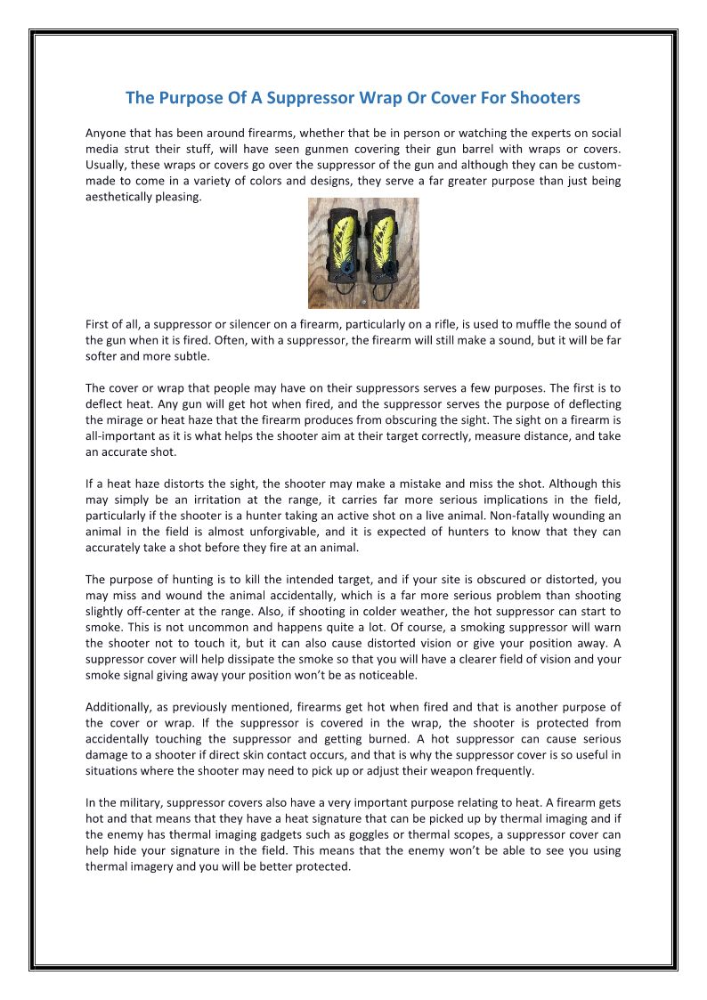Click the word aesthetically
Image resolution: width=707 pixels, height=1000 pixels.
pyautogui.click(x=120, y=197)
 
